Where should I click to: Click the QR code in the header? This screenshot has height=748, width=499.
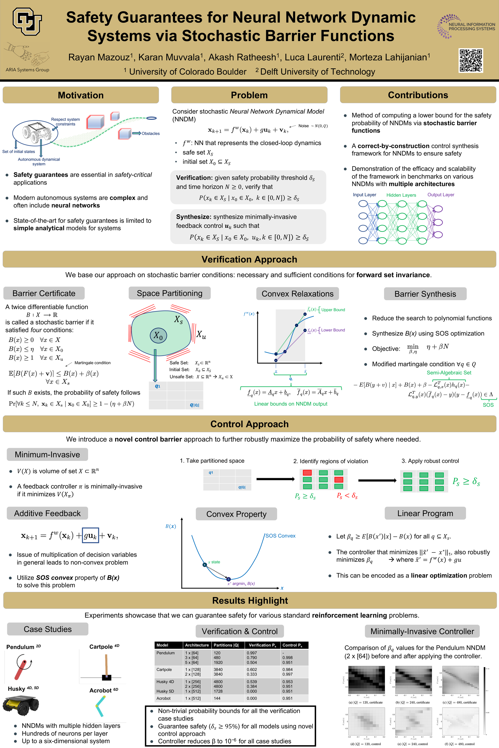click(x=471, y=61)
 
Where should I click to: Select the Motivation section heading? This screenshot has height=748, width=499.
click(x=81, y=95)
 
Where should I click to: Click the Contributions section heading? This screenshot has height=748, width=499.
click(x=418, y=95)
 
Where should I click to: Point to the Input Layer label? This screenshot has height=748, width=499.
click(x=364, y=195)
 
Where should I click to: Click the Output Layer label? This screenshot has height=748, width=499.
click(x=441, y=195)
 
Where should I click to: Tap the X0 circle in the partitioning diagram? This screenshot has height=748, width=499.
click(x=158, y=336)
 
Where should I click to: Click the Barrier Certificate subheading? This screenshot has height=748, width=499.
click(x=44, y=293)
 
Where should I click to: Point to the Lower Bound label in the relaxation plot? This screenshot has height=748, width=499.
click(x=333, y=330)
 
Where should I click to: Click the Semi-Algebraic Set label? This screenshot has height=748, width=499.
click(x=449, y=373)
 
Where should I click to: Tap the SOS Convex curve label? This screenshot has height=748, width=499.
click(x=280, y=536)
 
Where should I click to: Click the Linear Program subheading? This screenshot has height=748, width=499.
click(x=425, y=513)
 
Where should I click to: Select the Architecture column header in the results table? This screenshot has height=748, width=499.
click(x=197, y=645)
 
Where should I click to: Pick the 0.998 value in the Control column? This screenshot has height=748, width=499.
click(x=287, y=657)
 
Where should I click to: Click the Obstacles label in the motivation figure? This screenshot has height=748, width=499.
click(x=150, y=133)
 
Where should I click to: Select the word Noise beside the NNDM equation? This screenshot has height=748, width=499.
click(x=304, y=126)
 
